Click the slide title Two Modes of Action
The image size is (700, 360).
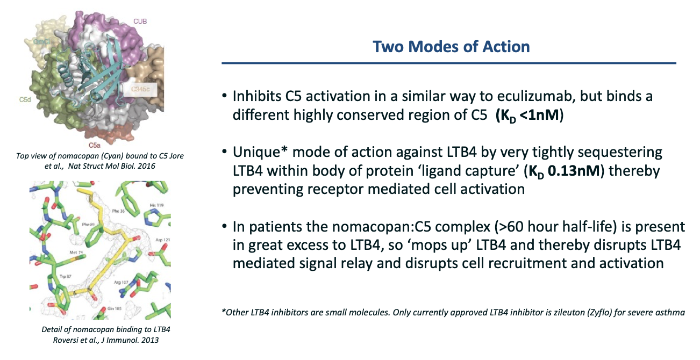tap(451, 47)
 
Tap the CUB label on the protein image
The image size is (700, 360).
tap(140, 21)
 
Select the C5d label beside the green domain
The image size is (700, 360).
tap(25, 99)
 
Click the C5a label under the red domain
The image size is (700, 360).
tap(95, 145)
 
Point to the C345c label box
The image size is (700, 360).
tap(140, 89)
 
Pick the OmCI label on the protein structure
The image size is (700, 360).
tap(42, 41)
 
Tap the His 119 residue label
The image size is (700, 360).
tap(156, 205)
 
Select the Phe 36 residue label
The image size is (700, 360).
tap(118, 211)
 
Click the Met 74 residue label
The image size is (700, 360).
tap(76, 253)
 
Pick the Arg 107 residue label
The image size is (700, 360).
tap(121, 282)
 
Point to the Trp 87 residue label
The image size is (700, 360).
tap(65, 276)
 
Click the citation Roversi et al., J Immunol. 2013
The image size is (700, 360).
tap(105, 340)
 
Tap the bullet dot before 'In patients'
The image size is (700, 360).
tap(224, 226)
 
